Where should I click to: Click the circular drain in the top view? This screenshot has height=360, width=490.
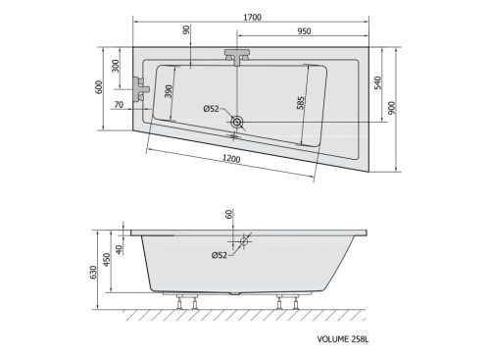click(238, 123)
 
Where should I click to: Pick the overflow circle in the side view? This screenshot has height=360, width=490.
click(242, 239)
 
